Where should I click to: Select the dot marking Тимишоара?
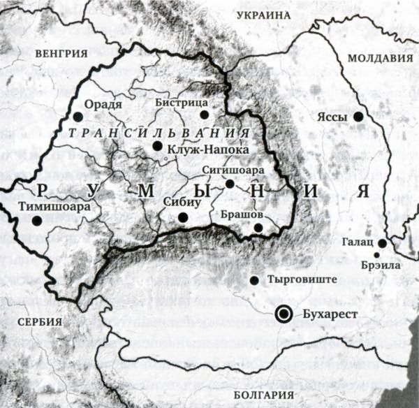36,220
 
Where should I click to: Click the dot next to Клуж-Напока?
156,147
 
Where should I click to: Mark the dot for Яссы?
358,117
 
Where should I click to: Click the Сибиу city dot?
182,217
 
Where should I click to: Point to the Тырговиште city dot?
253,280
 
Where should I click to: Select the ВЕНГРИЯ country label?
64,53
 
